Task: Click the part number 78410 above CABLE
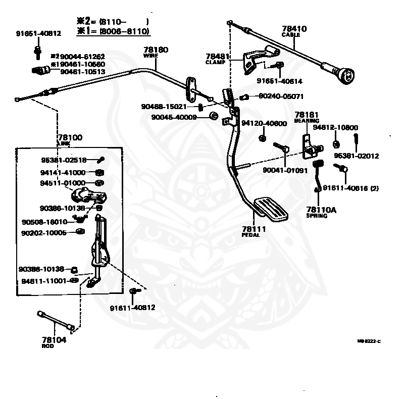[x=294, y=29]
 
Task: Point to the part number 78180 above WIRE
[x=156, y=50]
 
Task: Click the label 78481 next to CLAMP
[x=218, y=56]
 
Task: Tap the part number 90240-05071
[x=281, y=95]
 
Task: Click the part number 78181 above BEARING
[x=307, y=115]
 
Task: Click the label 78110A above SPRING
[x=320, y=209]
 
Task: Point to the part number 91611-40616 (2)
[x=350, y=188]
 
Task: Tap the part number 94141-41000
[x=63, y=172]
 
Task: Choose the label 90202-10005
[x=43, y=233]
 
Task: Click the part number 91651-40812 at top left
[x=38, y=33]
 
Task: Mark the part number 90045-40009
[x=174, y=117]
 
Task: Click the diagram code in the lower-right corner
[x=369, y=341]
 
